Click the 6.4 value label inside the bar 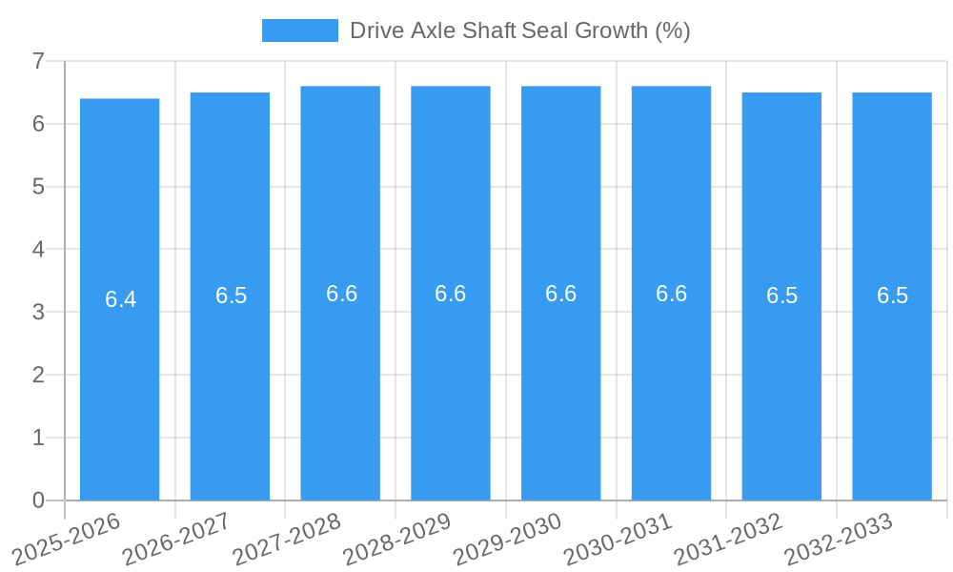tap(120, 299)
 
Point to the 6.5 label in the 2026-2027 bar tap(231, 296)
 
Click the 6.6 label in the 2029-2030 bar tap(560, 294)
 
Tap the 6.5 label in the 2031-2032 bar tap(781, 296)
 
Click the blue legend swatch tap(299, 31)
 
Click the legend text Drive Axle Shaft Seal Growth tap(519, 31)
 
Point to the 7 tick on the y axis tap(38, 61)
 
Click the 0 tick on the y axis tap(38, 500)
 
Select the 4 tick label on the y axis tap(38, 250)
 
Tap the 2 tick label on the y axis tap(38, 375)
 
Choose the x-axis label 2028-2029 tap(397, 538)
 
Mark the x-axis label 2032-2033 tap(839, 538)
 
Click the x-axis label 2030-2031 tap(618, 538)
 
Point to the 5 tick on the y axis tap(38, 187)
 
